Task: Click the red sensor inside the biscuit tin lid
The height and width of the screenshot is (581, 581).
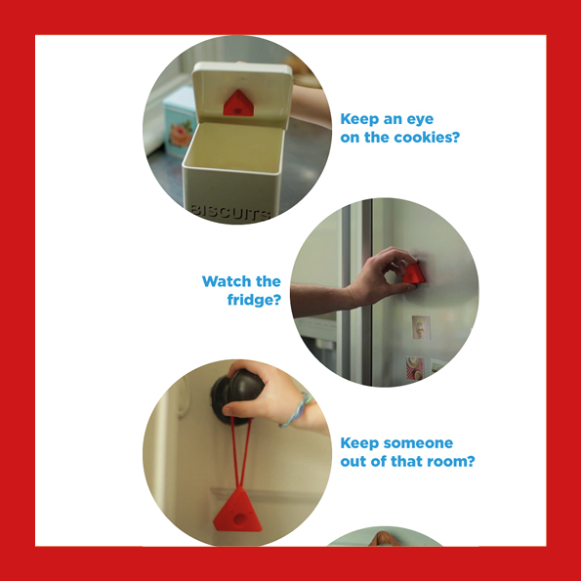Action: click(x=238, y=104)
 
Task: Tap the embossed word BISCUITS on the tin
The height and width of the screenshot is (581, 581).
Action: click(x=230, y=212)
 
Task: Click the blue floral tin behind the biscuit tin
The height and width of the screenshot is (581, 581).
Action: click(x=179, y=121)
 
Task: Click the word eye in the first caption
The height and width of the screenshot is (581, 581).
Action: click(x=420, y=120)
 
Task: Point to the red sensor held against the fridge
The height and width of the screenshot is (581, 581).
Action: click(x=413, y=274)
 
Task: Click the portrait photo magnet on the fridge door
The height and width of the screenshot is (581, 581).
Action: click(x=421, y=327)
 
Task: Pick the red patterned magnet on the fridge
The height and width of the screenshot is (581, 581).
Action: click(x=415, y=368)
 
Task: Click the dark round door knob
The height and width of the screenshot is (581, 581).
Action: click(x=236, y=396)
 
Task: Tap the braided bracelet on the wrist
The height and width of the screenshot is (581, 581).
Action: click(x=297, y=410)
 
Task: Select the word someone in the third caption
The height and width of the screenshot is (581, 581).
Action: click(x=418, y=442)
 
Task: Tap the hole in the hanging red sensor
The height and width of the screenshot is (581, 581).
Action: click(x=240, y=519)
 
